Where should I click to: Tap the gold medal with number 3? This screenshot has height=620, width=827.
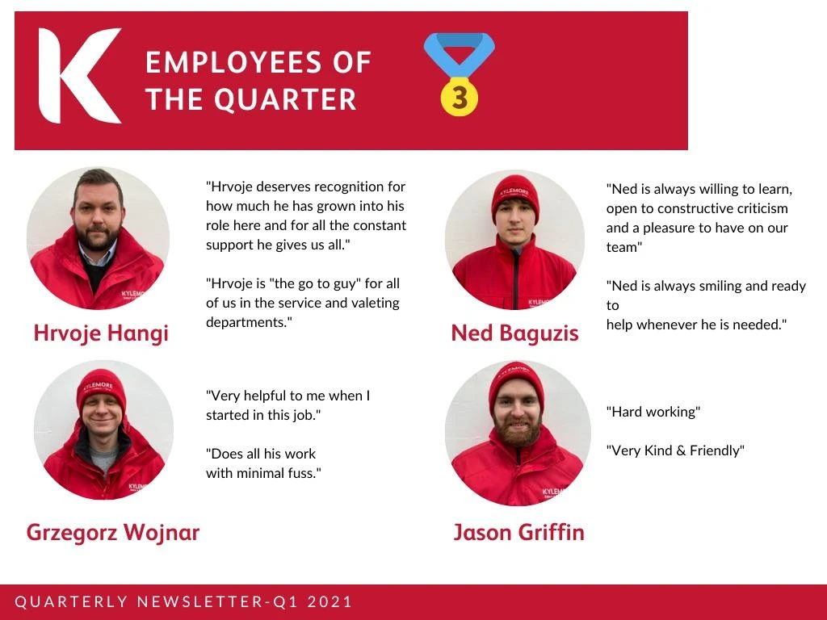460,97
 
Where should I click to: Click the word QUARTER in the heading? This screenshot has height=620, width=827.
285,99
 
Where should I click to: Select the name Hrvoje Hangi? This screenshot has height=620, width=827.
101,333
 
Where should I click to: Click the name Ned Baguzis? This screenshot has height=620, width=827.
514,333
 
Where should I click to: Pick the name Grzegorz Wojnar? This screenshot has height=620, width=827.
113,533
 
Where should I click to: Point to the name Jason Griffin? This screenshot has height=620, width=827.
519,533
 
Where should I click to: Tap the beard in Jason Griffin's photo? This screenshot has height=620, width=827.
518,429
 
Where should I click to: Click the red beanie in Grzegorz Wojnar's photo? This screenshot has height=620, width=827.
101,389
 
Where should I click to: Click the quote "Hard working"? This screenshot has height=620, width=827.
653,412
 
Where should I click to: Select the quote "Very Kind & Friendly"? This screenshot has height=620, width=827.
675,450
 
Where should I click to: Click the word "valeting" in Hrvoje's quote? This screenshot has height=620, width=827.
374,304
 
